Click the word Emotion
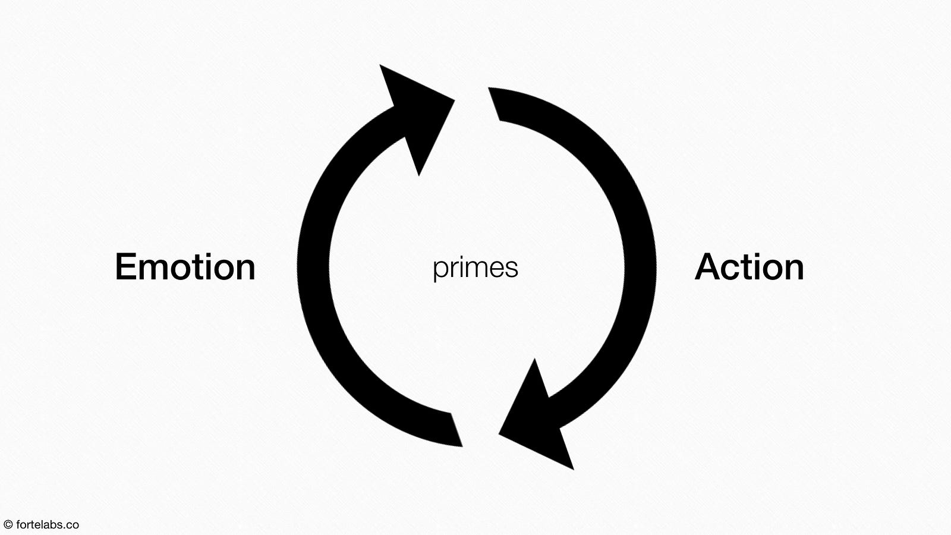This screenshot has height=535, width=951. [x=185, y=267]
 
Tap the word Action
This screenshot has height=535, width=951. [x=750, y=267]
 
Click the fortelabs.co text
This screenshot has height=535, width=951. [x=48, y=525]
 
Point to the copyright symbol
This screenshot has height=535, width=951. [x=8, y=525]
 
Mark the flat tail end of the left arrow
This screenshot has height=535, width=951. [x=456, y=430]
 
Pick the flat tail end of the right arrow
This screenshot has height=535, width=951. [x=494, y=105]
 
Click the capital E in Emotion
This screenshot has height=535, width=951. [x=126, y=267]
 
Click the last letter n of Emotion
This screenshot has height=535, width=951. [x=245, y=270]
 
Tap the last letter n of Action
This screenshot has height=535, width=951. [x=794, y=270]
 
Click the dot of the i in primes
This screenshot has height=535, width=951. [x=461, y=257]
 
